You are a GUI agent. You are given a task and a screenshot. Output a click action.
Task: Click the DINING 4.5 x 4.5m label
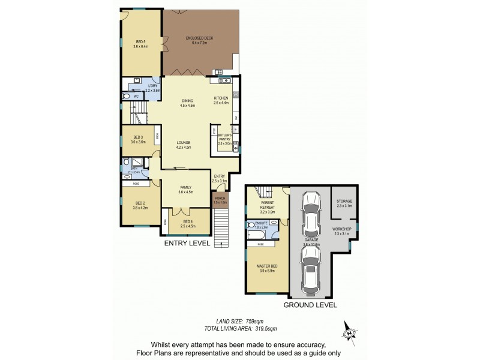pyautogui.click(x=188, y=103)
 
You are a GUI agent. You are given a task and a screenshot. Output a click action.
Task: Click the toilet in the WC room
pyautogui.click(x=126, y=95)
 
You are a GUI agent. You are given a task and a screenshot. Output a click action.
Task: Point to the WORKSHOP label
pyautogui.click(x=343, y=231)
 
